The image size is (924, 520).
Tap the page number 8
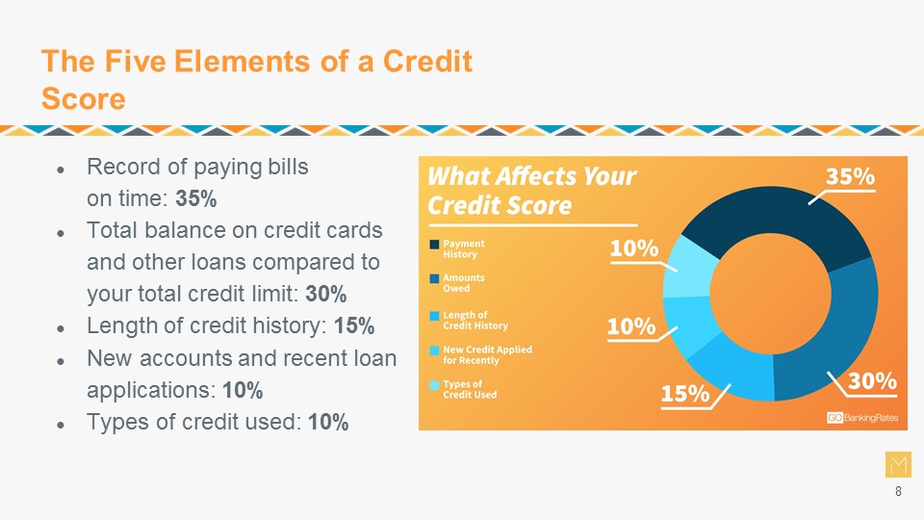[898, 491]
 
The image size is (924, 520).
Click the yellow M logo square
[898, 464]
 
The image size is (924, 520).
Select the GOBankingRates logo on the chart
[862, 417]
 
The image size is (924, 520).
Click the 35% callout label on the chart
[850, 176]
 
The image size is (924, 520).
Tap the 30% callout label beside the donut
[872, 381]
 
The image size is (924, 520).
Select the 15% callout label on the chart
[684, 393]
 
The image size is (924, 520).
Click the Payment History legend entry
[457, 248]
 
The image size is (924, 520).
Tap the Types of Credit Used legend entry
[463, 389]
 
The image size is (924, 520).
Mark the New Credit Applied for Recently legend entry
[481, 355]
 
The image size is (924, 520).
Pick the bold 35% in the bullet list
[196, 198]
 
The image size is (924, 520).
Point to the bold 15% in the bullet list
[354, 325]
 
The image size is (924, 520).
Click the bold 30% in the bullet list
[326, 294]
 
